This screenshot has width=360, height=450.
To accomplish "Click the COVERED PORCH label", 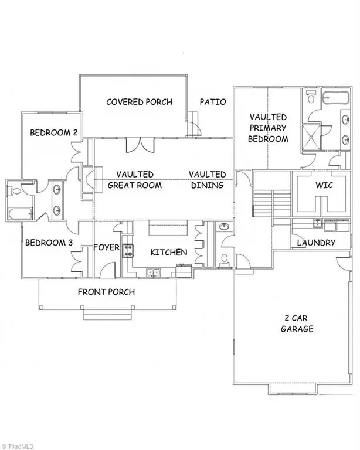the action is tap(139, 102).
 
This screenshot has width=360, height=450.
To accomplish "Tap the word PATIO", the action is tap(213, 101).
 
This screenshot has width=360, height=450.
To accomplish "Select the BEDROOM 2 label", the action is tap(54, 132).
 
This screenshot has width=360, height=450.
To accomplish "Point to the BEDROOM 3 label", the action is tap(49, 243).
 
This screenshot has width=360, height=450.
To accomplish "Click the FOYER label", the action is tap(106, 247).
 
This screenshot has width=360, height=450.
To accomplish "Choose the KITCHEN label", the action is tap(169, 253).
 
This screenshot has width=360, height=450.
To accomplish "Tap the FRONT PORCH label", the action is tap(106, 292).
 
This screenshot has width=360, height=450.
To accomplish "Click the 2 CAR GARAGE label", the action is tap(297, 323).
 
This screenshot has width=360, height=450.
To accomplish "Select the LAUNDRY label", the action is tap(316, 243).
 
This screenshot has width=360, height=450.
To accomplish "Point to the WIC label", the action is tap(324, 185).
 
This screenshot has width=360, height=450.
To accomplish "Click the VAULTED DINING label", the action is tap(208, 180).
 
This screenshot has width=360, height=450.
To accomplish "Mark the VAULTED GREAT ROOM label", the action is tap(135, 180).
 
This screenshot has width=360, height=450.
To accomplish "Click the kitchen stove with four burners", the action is tap(128, 250).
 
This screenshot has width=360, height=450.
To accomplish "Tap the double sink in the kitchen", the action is tap(153, 272).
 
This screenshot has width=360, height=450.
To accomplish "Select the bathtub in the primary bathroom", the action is tap(335, 98).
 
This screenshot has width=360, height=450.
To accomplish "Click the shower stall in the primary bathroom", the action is tap(311, 137).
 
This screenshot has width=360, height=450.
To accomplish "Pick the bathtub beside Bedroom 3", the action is tap(19, 214).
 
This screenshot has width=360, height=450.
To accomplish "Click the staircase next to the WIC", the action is tap(272, 203).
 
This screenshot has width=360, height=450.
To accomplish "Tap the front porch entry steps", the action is tap(108, 315).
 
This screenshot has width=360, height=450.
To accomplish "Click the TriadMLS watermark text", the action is tap(17, 446).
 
